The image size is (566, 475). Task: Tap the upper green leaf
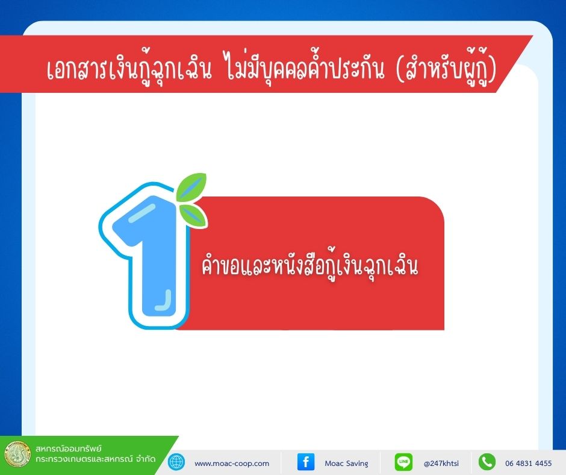[x=191, y=187]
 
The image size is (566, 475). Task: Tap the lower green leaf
[x=193, y=215]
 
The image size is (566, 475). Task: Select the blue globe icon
[x=176, y=462]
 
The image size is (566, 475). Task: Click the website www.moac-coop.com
[x=232, y=464]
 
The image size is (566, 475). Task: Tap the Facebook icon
[x=306, y=462]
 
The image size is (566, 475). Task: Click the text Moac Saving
[x=347, y=464]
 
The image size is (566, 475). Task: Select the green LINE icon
[x=403, y=462]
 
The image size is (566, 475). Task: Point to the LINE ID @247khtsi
[x=441, y=464]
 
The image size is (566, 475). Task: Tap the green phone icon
[x=487, y=462]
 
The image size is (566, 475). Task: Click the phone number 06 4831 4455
[x=529, y=464]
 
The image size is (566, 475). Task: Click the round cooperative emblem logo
[x=17, y=454]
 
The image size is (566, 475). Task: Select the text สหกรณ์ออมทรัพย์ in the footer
[x=69, y=448]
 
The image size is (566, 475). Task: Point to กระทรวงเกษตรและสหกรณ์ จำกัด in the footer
[x=96, y=459]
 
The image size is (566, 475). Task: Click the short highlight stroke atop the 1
[x=142, y=213]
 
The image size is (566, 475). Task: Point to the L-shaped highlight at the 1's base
[x=164, y=301]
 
